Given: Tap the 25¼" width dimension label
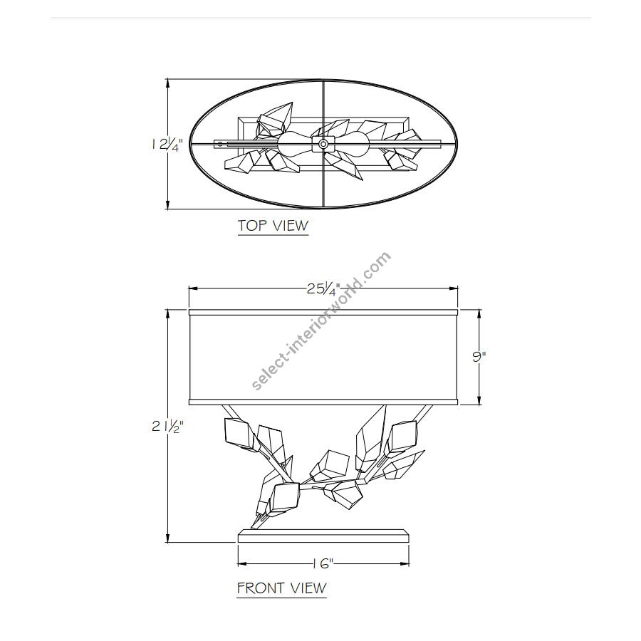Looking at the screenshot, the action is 323,289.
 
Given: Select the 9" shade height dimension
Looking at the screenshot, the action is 479,356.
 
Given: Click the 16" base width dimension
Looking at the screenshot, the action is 323,564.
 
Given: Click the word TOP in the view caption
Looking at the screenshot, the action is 250,225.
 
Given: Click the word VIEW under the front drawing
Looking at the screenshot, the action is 308,588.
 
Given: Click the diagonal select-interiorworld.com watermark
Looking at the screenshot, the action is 321,321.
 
